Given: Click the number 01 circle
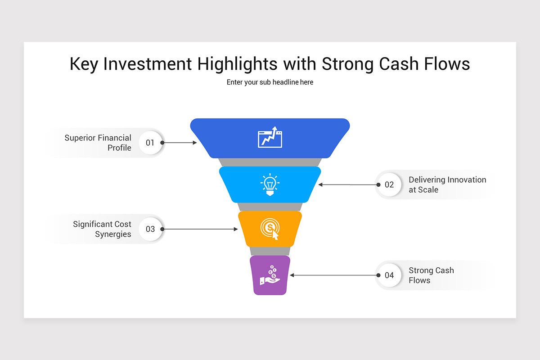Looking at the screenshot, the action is (x=150, y=143).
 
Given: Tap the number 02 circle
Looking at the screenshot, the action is (x=389, y=184).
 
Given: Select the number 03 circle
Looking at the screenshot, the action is (x=150, y=229).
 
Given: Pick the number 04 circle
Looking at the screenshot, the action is (x=389, y=275).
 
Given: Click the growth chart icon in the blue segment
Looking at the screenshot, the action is (x=270, y=137).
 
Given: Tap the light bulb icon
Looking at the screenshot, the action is (x=270, y=184).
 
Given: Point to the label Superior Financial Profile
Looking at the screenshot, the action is (x=98, y=143).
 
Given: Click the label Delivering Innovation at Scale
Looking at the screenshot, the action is (x=447, y=184).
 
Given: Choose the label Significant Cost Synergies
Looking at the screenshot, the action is (x=102, y=229).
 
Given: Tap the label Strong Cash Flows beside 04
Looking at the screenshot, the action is (x=431, y=275).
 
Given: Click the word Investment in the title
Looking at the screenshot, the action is (x=148, y=64).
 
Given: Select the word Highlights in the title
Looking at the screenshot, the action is (x=238, y=64).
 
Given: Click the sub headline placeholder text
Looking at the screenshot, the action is (x=270, y=82).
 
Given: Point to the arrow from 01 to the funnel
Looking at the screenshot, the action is (x=179, y=143).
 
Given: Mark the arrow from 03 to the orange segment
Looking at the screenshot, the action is (x=199, y=229).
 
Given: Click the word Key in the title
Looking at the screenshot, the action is (x=84, y=64).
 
